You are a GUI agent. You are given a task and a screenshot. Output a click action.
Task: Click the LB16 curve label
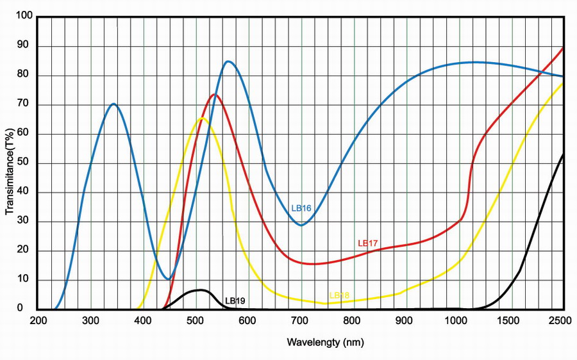[301, 208]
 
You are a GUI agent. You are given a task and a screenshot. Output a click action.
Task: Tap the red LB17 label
[367, 243]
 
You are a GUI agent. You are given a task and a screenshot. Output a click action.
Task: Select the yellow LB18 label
[339, 295]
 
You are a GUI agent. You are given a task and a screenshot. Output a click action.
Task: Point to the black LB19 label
[235, 300]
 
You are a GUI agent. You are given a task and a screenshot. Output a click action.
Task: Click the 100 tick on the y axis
[24, 17]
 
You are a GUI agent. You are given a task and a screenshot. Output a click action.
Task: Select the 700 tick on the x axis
[300, 320]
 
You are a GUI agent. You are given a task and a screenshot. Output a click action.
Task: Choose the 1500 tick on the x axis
[510, 320]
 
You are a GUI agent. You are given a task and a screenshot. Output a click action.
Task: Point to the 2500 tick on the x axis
[562, 320]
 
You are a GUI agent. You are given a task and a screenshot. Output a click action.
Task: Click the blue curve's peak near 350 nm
[113, 104]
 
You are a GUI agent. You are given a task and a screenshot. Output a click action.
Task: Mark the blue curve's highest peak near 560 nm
[228, 61]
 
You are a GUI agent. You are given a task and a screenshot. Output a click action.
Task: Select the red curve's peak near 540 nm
[214, 95]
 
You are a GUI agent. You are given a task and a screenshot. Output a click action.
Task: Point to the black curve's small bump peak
[201, 290]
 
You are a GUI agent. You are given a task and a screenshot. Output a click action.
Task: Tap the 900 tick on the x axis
[405, 320]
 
